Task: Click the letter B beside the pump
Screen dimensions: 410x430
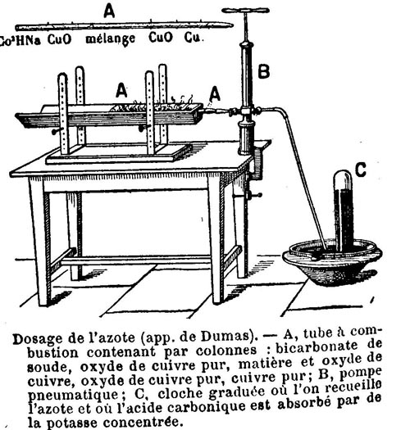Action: (x=264, y=71)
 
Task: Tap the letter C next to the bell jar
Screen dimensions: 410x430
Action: (x=361, y=170)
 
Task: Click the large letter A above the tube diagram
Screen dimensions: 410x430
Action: (x=109, y=11)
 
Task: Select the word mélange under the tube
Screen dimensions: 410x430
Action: (x=111, y=39)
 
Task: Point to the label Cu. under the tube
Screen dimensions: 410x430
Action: (x=194, y=38)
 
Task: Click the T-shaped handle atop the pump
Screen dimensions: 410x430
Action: (x=245, y=11)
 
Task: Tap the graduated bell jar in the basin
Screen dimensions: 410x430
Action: (x=343, y=210)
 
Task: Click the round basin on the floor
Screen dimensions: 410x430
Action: (x=332, y=263)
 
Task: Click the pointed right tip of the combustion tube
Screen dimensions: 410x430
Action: (x=233, y=25)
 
